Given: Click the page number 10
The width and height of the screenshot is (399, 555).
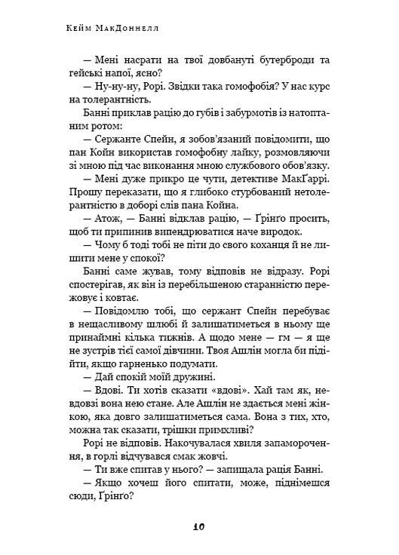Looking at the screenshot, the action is pyautogui.click(x=200, y=526).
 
